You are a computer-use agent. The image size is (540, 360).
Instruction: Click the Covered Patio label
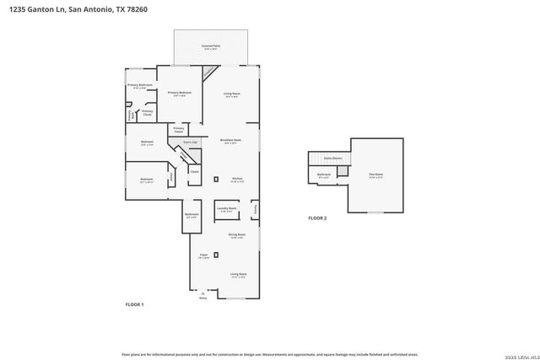pos(211,47)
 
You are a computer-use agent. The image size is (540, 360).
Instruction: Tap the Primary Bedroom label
pos(179,94)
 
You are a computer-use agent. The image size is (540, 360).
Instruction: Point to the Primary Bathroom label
pos(140,86)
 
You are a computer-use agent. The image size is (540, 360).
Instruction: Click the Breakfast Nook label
pos(231,141)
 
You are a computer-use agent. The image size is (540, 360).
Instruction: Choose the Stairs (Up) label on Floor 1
pos(191,143)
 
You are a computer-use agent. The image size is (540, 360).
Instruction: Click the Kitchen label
pos(238,180)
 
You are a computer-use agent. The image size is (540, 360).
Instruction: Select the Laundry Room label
pos(226,208)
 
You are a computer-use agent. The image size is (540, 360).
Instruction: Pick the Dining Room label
pos(237,235)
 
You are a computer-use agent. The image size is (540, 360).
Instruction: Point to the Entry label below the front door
pos(202,298)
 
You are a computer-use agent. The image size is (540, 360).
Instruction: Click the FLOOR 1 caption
pos(135,304)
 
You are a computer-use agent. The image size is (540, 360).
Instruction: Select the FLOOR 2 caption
pos(317,218)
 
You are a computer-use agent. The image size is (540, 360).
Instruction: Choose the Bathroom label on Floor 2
pos(324,175)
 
